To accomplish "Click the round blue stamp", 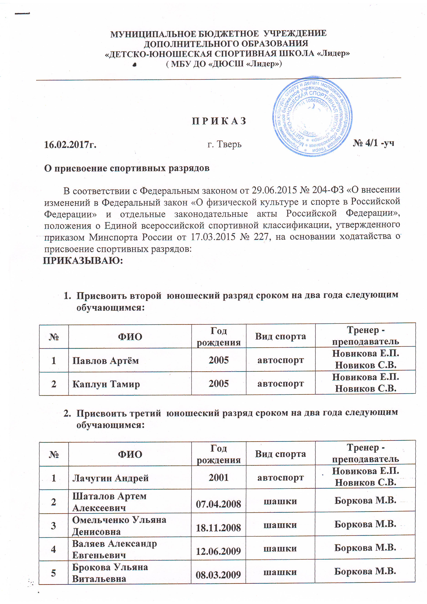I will click(312, 117).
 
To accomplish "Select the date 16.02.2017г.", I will click(70, 144).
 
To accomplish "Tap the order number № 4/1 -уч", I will click(373, 143).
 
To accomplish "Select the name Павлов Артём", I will click(105, 360).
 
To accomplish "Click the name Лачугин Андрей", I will click(110, 478).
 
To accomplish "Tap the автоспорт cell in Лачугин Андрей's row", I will click(280, 477).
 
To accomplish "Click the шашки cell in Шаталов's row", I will click(280, 501).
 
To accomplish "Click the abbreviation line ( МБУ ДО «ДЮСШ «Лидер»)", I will click(224, 64).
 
